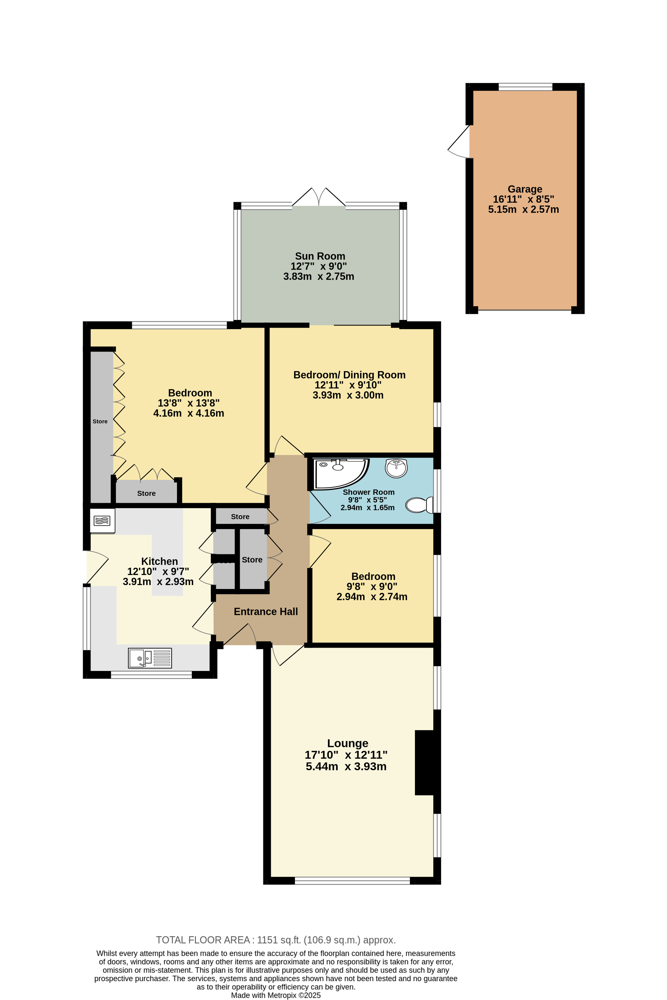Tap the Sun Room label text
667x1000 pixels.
click(x=320, y=256)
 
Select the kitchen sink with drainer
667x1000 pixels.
click(x=150, y=658)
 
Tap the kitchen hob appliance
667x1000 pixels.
click(x=102, y=520)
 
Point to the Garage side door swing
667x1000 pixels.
click(x=459, y=142)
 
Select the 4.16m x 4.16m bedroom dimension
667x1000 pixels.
click(x=188, y=413)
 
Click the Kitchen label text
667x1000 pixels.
click(x=160, y=561)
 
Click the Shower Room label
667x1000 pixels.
click(x=368, y=492)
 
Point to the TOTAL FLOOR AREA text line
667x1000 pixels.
click(x=276, y=940)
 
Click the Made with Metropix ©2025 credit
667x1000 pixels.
click(x=276, y=995)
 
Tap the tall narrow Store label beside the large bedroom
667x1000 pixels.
click(x=100, y=421)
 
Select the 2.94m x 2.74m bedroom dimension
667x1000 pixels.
click(x=372, y=597)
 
